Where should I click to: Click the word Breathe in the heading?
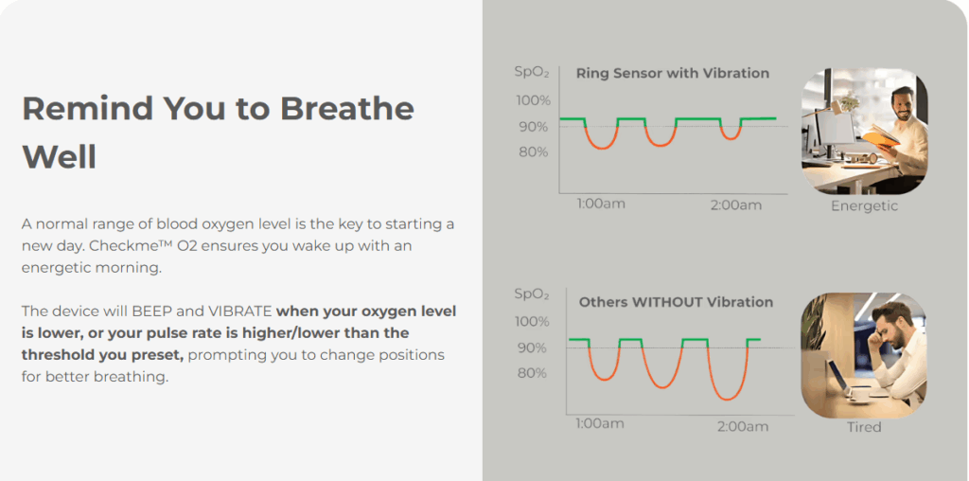(346, 109)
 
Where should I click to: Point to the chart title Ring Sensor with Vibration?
(673, 74)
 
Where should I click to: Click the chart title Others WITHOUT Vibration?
(676, 302)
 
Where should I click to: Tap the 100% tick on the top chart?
(533, 100)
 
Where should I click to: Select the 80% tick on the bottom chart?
(532, 373)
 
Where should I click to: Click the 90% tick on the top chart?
(533, 127)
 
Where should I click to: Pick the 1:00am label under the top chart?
(601, 204)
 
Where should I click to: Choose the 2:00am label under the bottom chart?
(743, 427)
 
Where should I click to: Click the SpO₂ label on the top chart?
(532, 72)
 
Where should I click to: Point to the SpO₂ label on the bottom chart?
(532, 294)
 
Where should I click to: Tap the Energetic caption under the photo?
(864, 205)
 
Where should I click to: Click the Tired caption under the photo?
(864, 427)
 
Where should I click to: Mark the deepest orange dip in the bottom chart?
(728, 399)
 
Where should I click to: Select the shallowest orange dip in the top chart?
(731, 138)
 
